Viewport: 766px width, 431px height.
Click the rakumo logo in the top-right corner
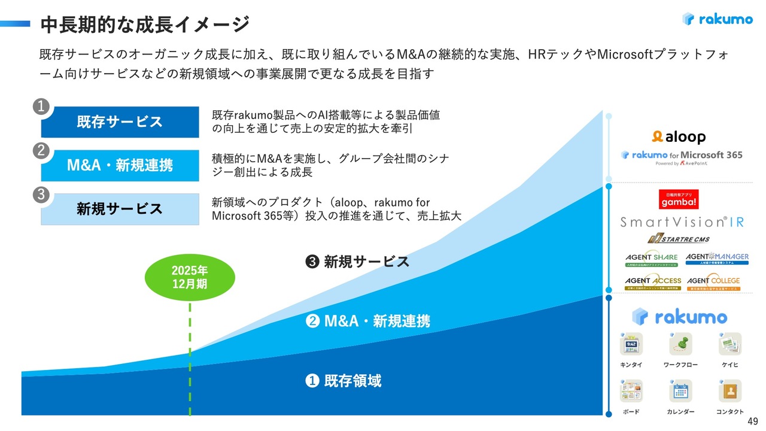(x=717, y=19)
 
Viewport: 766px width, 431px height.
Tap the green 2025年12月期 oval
(x=190, y=277)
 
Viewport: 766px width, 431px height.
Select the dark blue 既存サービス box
(x=120, y=122)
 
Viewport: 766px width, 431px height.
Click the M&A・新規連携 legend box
(x=120, y=165)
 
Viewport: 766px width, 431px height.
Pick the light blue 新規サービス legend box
(x=120, y=209)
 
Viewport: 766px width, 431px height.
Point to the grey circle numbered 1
(x=41, y=107)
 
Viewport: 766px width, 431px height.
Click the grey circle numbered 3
(x=41, y=195)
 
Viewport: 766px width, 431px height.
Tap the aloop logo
(x=679, y=137)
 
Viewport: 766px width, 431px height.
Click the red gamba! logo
(x=679, y=199)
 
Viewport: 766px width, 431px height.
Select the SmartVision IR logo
(x=682, y=222)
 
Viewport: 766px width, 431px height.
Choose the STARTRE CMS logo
(x=678, y=239)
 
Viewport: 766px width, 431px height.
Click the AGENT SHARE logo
(x=652, y=259)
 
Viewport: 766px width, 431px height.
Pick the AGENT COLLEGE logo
(x=713, y=282)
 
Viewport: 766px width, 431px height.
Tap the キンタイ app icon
(x=631, y=345)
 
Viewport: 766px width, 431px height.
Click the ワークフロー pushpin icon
(x=680, y=345)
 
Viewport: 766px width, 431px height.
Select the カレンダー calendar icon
(x=680, y=391)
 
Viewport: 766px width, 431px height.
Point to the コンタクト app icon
(x=730, y=391)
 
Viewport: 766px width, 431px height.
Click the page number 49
(x=753, y=421)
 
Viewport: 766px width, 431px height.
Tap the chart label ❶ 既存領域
(x=344, y=381)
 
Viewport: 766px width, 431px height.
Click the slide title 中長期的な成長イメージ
(x=144, y=25)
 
